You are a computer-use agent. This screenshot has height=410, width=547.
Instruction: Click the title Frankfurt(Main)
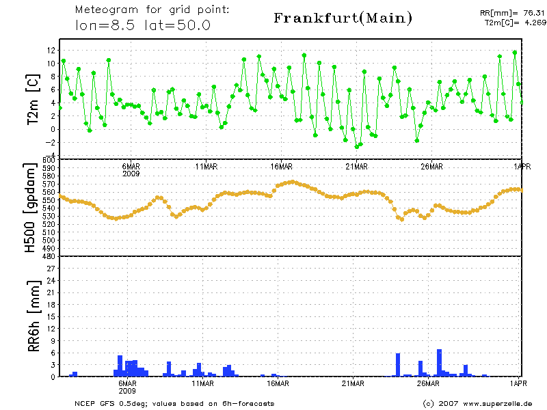click(x=343, y=18)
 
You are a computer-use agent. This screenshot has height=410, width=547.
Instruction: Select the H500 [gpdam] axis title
click(x=31, y=208)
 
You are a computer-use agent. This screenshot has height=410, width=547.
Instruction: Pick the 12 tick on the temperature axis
click(x=51, y=51)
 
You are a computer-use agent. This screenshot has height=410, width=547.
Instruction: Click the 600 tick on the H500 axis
click(x=49, y=160)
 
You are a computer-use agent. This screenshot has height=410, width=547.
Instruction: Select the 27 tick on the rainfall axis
click(x=51, y=269)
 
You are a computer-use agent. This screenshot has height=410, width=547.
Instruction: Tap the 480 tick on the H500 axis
click(x=49, y=256)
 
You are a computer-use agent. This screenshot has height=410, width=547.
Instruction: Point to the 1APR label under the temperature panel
click(x=522, y=166)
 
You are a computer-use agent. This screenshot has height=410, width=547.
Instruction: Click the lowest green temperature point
click(x=356, y=146)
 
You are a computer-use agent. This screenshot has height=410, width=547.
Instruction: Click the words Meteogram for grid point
click(x=152, y=10)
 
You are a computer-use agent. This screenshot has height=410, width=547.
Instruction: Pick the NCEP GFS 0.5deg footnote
click(x=174, y=403)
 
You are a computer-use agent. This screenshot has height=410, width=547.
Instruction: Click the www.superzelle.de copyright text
click(x=477, y=403)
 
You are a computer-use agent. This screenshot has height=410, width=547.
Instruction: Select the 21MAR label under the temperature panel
click(x=356, y=166)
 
